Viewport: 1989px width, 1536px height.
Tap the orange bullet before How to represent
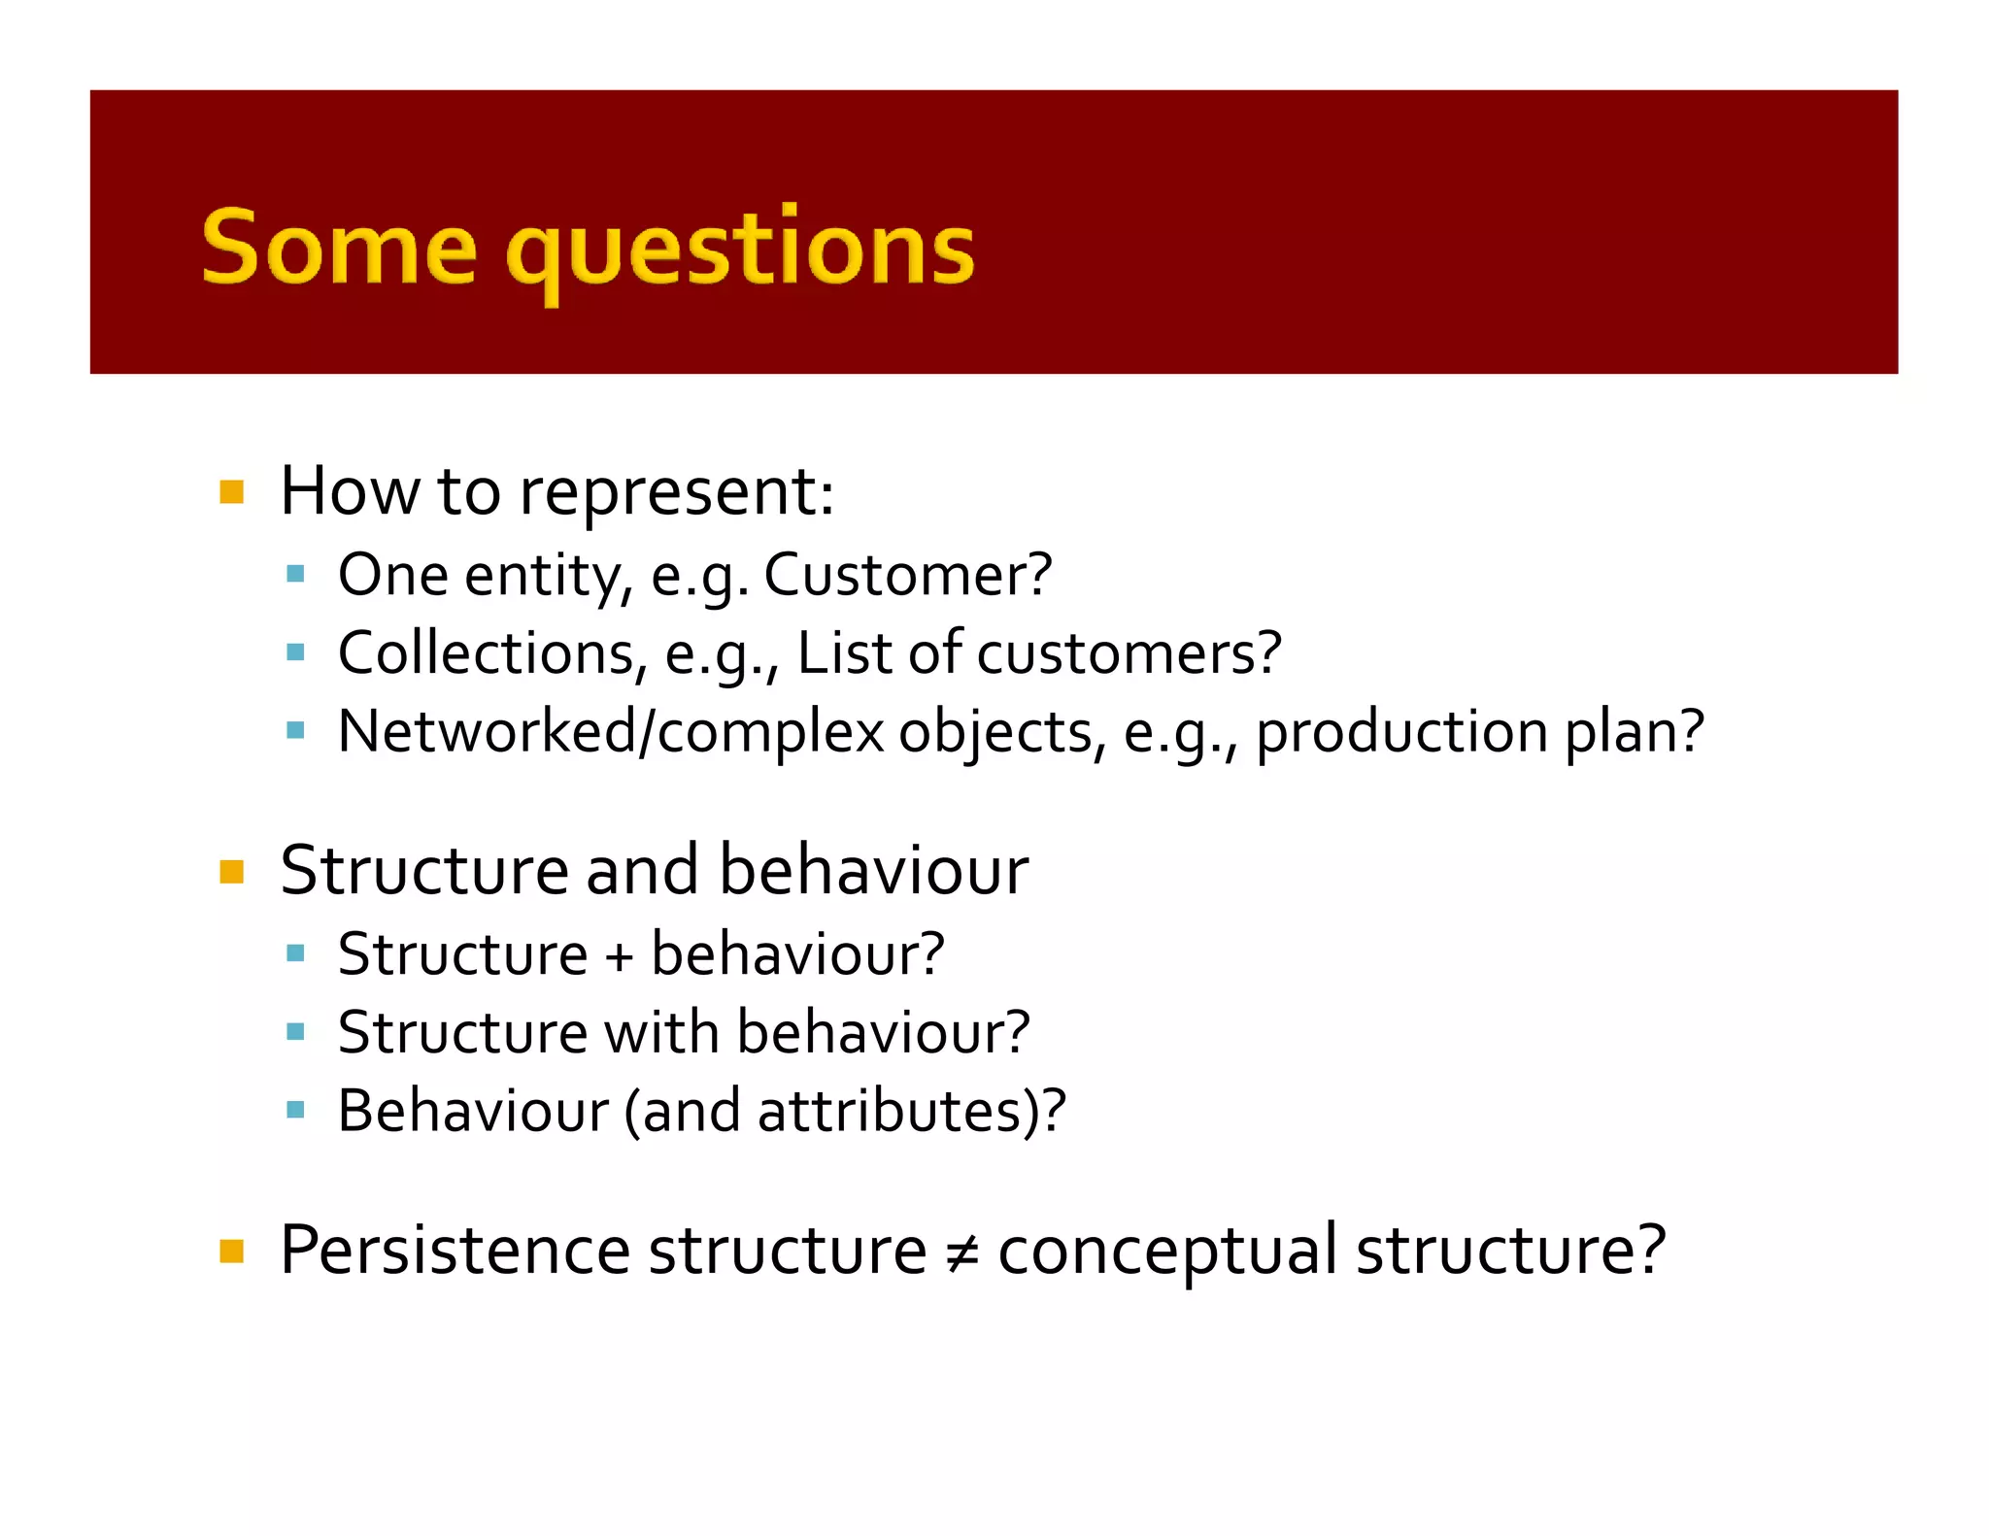(231, 492)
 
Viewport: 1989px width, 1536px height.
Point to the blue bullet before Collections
(296, 652)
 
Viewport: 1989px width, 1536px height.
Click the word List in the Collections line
(844, 652)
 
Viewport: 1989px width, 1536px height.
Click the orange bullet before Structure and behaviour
(231, 871)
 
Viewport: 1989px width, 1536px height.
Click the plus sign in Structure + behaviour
(619, 955)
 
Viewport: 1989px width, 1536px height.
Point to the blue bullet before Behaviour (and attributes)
(296, 1110)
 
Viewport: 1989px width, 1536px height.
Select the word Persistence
(454, 1251)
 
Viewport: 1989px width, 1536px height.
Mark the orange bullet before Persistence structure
(231, 1251)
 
